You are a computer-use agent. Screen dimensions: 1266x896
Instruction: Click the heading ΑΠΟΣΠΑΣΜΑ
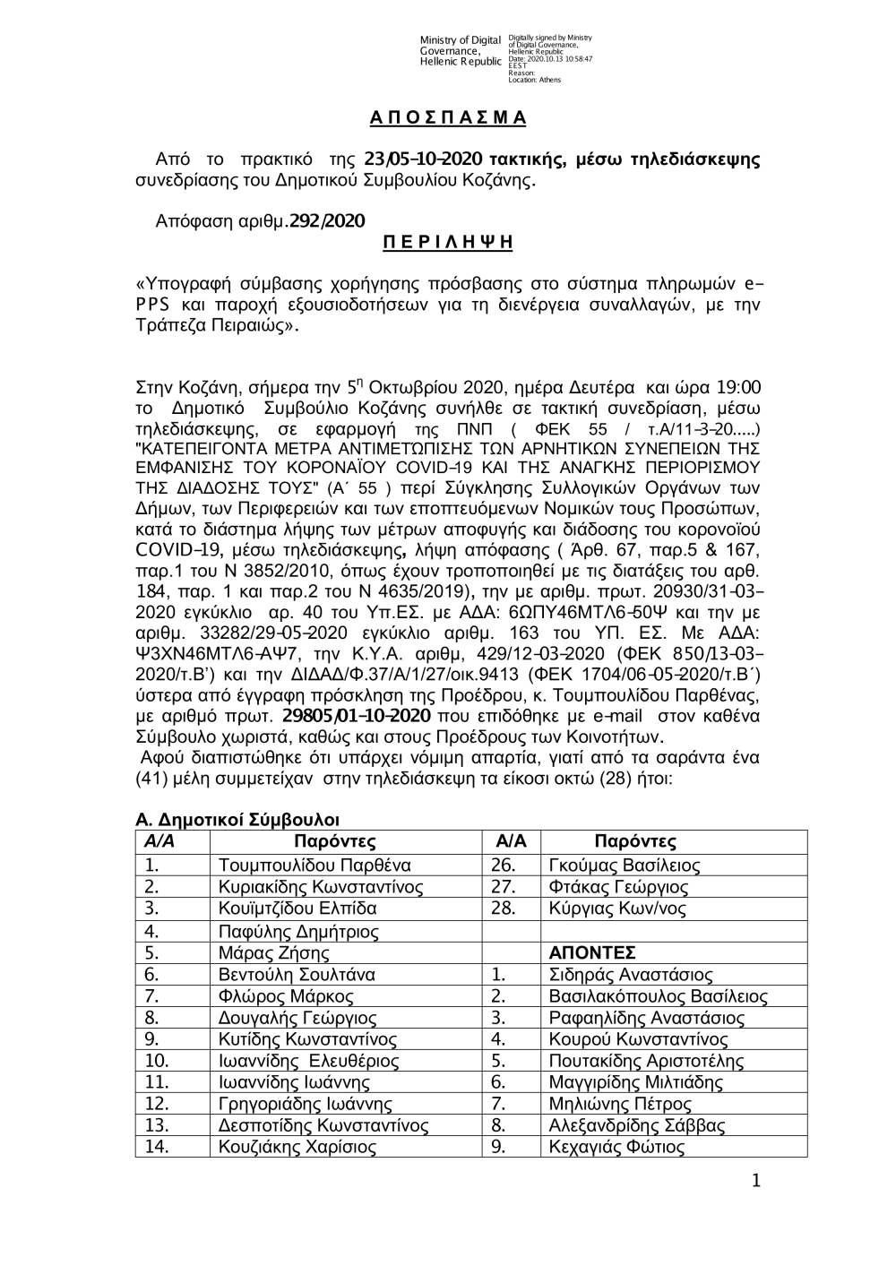point(448,118)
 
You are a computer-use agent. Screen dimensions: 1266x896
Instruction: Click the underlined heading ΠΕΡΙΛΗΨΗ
point(448,242)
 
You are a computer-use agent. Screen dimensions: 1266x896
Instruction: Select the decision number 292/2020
point(327,220)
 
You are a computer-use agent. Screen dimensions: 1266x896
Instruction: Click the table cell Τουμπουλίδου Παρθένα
point(314,866)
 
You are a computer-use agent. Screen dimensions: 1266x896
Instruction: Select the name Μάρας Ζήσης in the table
point(274,953)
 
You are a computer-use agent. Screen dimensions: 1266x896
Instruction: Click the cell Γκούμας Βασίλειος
point(624,866)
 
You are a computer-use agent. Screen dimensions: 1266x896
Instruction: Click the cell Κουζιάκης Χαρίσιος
point(297,1148)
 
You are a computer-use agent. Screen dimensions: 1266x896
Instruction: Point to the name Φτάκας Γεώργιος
point(617,888)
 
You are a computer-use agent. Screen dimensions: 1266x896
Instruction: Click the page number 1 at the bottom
point(756,1182)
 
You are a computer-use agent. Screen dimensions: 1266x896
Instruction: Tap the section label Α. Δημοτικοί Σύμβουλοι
point(237,820)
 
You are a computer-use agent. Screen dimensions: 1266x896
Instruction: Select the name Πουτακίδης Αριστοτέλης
point(646,1062)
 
